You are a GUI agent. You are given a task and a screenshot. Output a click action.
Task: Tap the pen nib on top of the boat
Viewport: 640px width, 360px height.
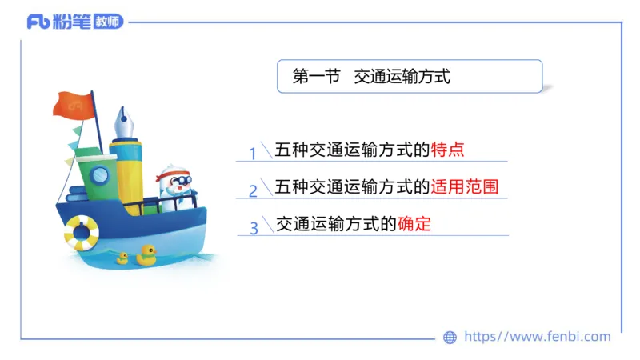[123, 122]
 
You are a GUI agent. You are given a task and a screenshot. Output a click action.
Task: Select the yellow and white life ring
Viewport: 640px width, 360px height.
[81, 232]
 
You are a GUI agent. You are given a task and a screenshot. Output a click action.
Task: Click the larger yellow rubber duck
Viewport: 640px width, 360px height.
[146, 254]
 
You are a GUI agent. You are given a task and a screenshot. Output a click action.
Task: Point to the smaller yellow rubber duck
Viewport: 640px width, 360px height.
[122, 258]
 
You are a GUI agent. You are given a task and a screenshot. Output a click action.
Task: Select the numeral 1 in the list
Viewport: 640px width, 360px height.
[253, 153]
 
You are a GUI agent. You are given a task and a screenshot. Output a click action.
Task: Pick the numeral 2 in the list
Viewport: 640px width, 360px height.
[253, 190]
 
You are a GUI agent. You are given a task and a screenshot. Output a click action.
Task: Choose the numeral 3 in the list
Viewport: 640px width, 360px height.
[254, 228]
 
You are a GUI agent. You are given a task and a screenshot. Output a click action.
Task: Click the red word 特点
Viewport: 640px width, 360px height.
[448, 150]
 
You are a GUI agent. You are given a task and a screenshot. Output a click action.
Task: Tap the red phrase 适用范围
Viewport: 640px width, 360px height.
[465, 187]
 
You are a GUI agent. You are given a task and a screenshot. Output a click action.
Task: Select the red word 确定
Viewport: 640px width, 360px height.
[414, 224]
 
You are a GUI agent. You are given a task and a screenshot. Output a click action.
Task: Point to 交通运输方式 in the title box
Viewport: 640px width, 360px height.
[402, 77]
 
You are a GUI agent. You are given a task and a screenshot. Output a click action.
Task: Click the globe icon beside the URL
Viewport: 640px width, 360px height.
[450, 338]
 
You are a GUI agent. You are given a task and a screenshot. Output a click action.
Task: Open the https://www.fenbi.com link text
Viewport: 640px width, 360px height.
[537, 337]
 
